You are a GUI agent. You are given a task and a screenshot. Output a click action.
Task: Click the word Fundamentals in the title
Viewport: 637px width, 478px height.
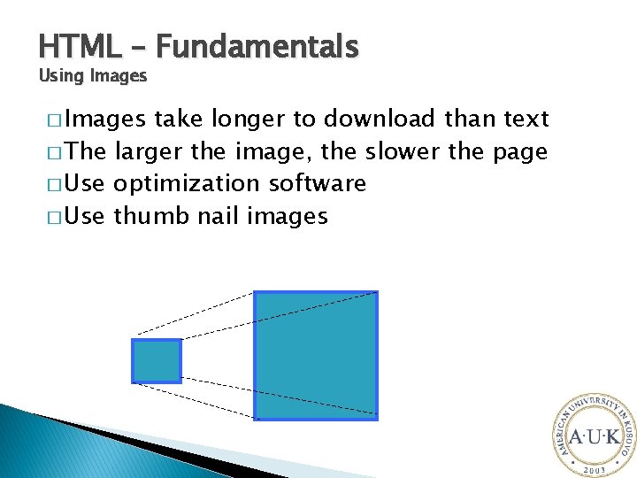[258, 46]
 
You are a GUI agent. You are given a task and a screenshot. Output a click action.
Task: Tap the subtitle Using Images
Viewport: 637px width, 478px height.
[93, 76]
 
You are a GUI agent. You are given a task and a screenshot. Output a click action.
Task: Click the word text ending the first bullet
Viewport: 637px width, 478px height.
[526, 119]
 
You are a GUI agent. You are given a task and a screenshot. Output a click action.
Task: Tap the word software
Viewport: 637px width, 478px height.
[316, 183]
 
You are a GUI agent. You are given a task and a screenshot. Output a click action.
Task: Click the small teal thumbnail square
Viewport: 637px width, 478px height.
[157, 361]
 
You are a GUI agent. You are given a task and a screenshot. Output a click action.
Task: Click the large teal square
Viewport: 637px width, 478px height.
[316, 355]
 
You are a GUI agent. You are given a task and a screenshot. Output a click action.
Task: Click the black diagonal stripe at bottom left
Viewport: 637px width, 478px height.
[133, 443]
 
